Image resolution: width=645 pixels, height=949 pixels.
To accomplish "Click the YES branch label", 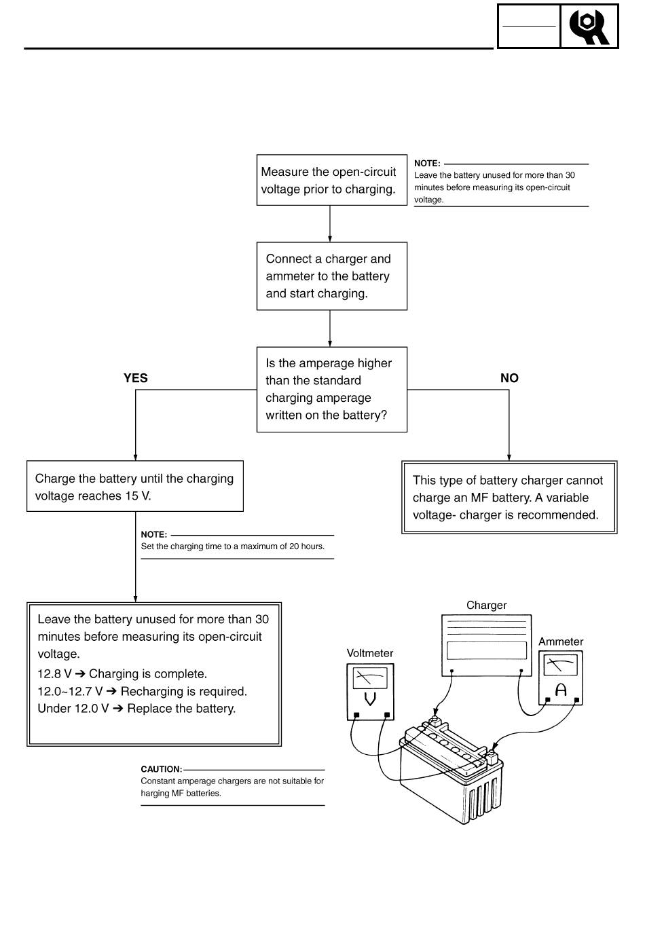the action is [136, 378].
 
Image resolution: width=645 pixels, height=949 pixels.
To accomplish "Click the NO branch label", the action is [509, 378].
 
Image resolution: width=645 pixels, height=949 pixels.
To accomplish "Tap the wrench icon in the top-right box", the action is [589, 26].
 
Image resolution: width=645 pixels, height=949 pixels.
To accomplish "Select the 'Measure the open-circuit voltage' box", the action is [332, 180].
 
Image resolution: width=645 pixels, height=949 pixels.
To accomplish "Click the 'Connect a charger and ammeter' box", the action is [332, 276].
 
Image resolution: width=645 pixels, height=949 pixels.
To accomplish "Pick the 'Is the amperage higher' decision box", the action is [332, 390].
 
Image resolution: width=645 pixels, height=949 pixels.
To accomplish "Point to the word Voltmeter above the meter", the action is [370, 653].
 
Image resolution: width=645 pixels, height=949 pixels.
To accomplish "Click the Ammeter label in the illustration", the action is [561, 641].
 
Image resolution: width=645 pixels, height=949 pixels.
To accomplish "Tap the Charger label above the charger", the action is [487, 605].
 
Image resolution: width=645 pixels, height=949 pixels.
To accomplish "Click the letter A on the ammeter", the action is [561, 690].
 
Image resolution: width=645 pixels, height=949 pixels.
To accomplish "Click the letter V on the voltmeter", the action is [370, 699].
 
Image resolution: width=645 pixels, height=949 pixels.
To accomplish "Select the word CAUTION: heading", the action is [162, 769].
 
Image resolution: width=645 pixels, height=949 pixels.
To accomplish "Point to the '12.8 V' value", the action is [54, 673].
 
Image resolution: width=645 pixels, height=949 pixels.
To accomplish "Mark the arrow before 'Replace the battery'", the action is [118, 709].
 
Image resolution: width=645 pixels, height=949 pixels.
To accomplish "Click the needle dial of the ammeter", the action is [561, 665].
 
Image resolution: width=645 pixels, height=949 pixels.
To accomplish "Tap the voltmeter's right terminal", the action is [386, 715].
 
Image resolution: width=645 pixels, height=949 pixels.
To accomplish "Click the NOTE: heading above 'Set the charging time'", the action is [154, 534].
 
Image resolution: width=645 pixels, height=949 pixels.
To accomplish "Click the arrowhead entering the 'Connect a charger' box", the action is [330, 239].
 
